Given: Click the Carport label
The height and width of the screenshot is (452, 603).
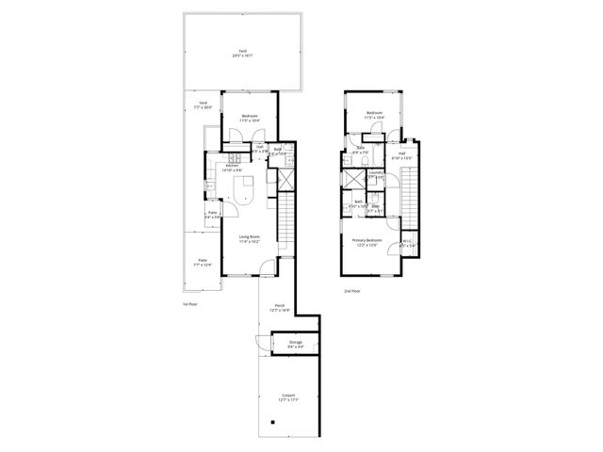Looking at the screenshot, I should [288, 396].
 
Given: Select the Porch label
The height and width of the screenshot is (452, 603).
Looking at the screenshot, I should [280, 307].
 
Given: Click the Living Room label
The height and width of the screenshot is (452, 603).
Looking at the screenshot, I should [250, 238].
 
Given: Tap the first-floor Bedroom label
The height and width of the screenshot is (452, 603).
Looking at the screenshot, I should [250, 118].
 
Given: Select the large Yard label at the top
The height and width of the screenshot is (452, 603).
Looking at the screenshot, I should [243, 53].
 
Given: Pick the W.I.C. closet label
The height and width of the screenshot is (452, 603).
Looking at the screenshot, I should [407, 243].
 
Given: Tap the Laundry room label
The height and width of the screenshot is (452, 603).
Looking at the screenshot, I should [376, 174].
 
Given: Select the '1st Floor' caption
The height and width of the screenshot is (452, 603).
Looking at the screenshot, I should [189, 304].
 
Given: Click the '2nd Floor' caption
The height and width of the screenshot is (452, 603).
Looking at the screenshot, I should [351, 291].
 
